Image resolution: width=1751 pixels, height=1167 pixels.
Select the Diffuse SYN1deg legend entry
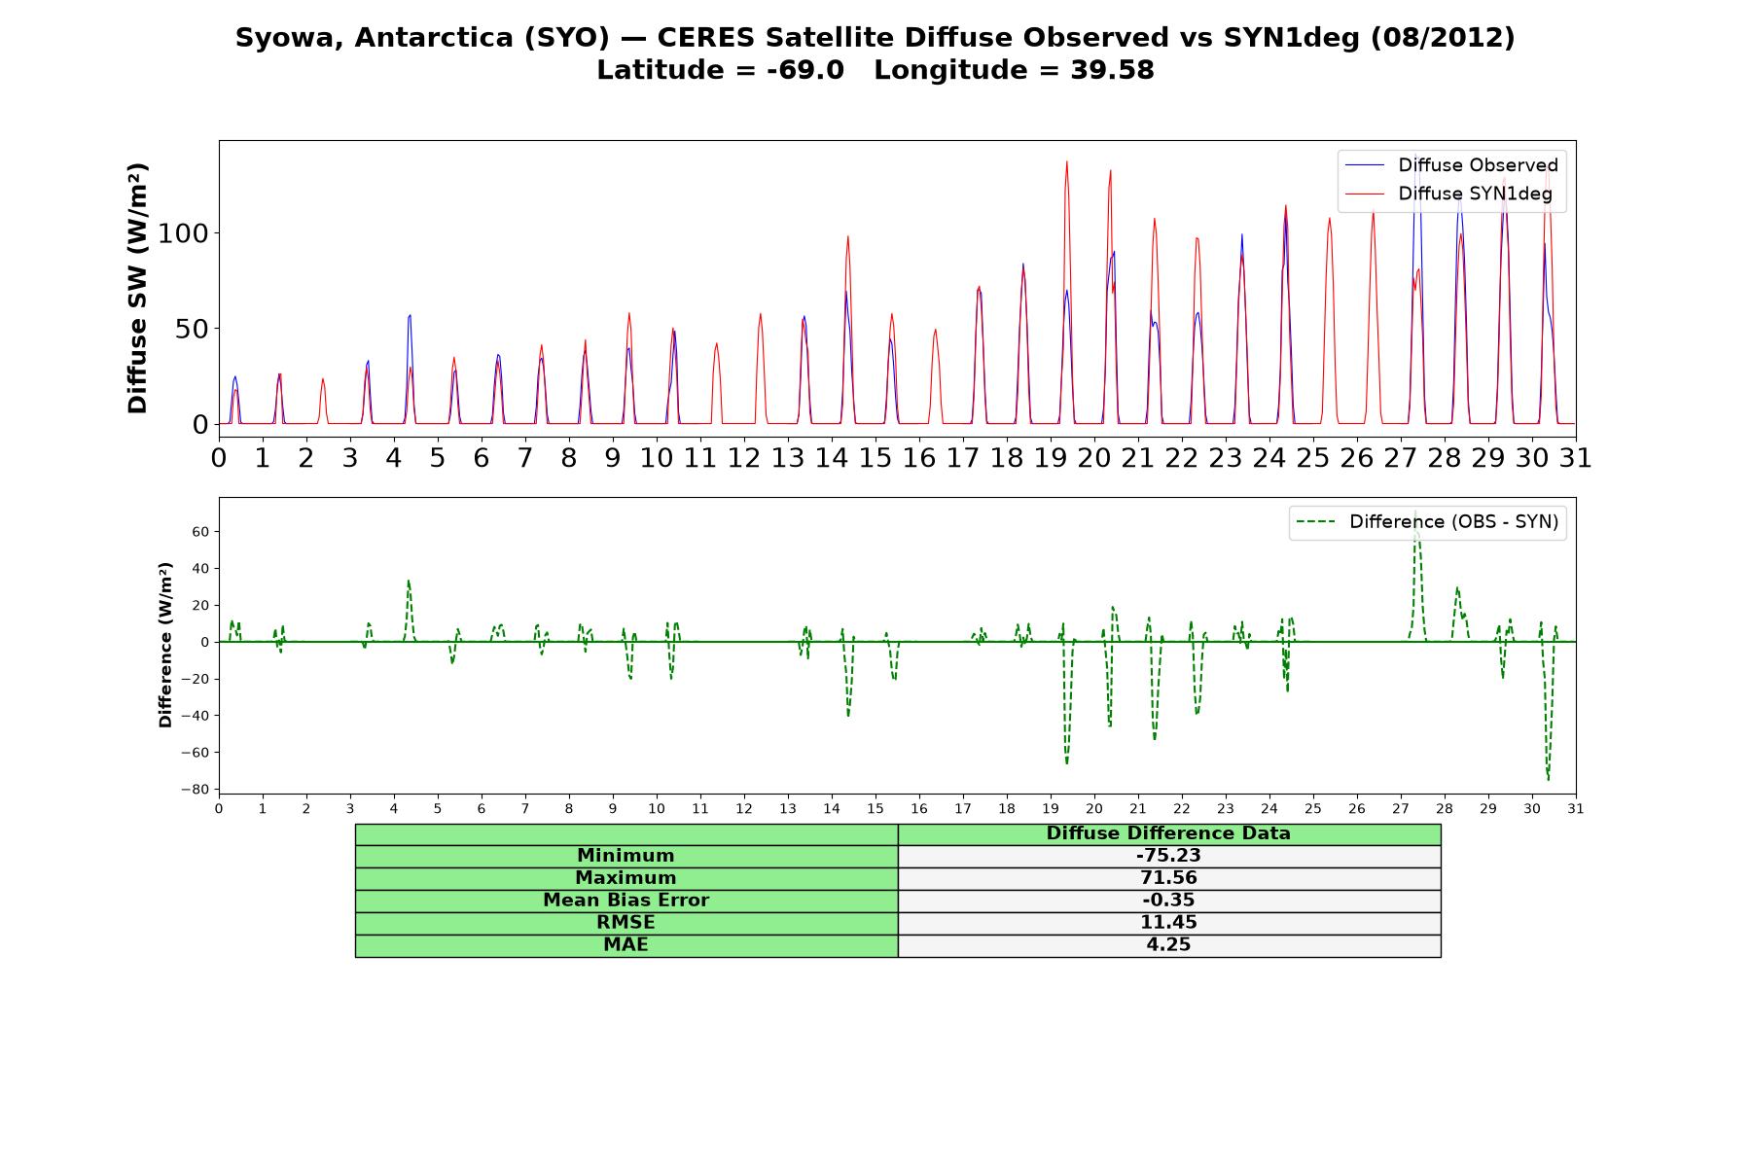pyautogui.click(x=1448, y=194)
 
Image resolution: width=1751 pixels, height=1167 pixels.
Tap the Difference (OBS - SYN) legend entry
pyautogui.click(x=1428, y=522)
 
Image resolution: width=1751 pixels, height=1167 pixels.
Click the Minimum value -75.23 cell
pyautogui.click(x=1168, y=856)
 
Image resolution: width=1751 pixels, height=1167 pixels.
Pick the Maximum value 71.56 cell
pyautogui.click(x=1168, y=878)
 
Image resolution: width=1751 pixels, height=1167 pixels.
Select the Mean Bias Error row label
pyautogui.click(x=625, y=901)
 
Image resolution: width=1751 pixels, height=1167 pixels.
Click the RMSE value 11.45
pyautogui.click(x=1168, y=923)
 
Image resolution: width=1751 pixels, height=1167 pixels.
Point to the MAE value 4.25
pyautogui.click(x=1168, y=945)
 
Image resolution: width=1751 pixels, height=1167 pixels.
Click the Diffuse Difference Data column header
pyautogui.click(x=1168, y=833)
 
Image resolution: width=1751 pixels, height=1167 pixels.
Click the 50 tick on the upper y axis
pyautogui.click(x=193, y=329)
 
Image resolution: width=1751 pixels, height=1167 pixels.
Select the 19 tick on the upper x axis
pyautogui.click(x=1051, y=458)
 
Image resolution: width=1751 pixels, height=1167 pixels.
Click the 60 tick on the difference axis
pyautogui.click(x=201, y=532)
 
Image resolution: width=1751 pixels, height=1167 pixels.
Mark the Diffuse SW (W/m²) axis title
pyautogui.click(x=137, y=289)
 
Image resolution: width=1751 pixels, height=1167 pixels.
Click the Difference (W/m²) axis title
pyautogui.click(x=165, y=645)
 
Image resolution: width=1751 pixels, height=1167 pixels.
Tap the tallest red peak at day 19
pyautogui.click(x=1066, y=162)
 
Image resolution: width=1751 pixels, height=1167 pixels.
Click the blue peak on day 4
pyautogui.click(x=410, y=315)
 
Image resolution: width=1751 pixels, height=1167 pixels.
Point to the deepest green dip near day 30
pyautogui.click(x=1548, y=779)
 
